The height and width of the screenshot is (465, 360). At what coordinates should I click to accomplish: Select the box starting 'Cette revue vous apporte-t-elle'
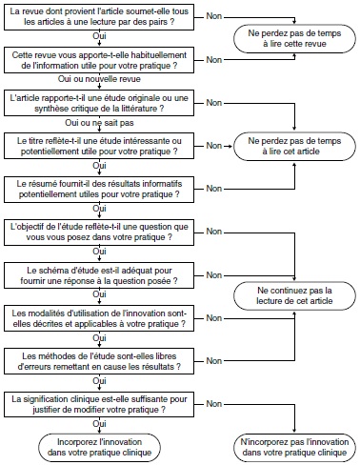[99, 58]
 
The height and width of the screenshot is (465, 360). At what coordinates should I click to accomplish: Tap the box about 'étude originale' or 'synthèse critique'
[99, 102]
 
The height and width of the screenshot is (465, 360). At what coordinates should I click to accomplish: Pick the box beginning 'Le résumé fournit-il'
[99, 187]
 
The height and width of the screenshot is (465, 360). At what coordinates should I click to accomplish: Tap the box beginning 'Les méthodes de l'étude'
[99, 359]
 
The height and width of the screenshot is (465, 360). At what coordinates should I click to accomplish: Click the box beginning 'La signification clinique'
[99, 401]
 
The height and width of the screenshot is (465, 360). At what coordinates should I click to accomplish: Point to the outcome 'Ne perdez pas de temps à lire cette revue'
[295, 37]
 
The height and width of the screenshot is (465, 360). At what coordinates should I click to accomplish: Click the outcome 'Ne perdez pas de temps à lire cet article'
[295, 145]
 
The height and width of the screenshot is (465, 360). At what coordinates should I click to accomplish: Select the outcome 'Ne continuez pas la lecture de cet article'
[295, 294]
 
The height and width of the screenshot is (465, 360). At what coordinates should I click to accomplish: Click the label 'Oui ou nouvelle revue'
[99, 81]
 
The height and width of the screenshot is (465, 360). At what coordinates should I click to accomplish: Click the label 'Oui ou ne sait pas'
[99, 124]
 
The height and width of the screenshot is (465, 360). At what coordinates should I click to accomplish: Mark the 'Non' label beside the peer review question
[216, 16]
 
